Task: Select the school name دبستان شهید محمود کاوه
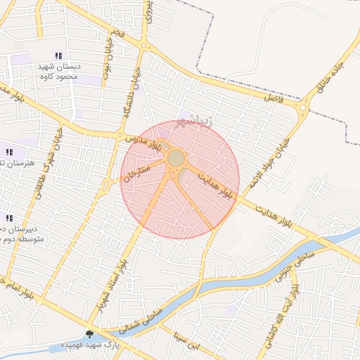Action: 59,71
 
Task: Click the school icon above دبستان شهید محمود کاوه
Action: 58,56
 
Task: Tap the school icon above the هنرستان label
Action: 9,152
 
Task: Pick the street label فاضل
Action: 271,99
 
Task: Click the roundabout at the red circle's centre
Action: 176,159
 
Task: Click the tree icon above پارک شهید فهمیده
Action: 90,333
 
